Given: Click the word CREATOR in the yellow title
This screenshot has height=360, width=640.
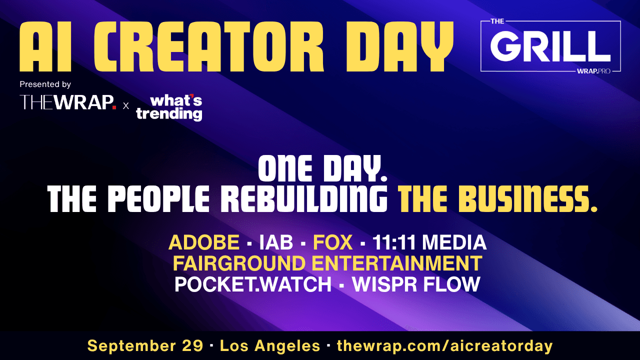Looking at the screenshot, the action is [212, 46].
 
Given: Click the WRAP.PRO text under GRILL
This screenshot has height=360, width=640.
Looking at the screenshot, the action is [593, 71].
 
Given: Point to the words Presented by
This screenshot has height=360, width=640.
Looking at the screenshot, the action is [45, 84].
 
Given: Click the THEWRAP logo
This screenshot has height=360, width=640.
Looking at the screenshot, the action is [68, 102].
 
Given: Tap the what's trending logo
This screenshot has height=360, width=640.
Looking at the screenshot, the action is [169, 107].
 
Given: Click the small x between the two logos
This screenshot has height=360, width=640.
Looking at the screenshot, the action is [125, 106].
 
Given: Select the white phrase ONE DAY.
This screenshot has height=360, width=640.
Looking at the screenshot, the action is [322, 168].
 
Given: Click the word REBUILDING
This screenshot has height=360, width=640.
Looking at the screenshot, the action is [304, 198].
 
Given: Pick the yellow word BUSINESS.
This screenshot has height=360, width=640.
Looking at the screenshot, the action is [527, 198].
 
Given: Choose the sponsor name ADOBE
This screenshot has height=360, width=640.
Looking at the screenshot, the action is [203, 242].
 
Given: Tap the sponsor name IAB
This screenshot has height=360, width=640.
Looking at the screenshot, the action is [276, 242].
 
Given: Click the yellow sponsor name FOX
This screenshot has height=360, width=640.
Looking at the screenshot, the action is [333, 242].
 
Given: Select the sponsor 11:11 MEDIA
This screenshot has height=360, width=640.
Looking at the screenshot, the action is [429, 242].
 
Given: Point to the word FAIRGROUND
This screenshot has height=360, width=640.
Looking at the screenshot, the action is [239, 263].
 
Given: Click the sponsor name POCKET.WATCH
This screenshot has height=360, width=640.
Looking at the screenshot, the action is [253, 284].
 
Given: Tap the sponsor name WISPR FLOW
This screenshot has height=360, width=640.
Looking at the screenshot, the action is [416, 284].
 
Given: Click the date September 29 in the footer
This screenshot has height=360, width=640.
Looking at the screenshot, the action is [145, 345].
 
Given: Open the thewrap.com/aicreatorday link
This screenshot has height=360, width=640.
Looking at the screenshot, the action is [445, 346].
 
